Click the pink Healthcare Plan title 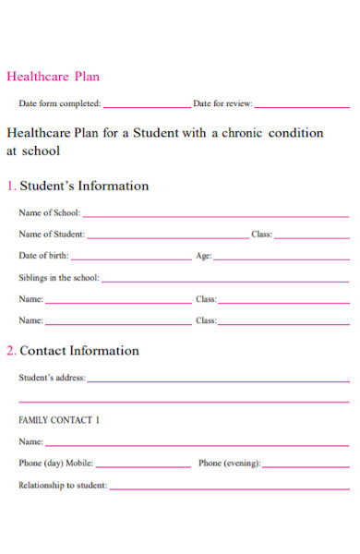click(53, 77)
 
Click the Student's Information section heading click(84, 186)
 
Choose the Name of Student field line click(166, 237)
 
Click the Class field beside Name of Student click(312, 237)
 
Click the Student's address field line click(218, 380)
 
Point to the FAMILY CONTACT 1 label click(59, 420)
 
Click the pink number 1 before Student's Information click(10, 186)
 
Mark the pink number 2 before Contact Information click(10, 351)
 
